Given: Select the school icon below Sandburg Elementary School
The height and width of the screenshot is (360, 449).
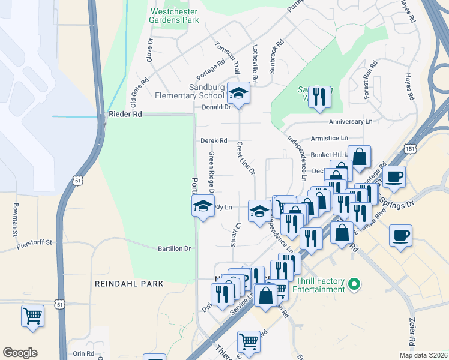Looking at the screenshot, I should (x=239, y=93).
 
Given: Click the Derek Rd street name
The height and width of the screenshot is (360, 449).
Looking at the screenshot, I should (x=214, y=141).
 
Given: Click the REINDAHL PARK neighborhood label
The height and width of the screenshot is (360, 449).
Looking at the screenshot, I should (x=128, y=283).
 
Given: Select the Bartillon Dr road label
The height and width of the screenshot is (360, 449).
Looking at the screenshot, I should (x=174, y=248).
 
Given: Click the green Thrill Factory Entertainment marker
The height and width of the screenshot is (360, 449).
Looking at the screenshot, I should (x=354, y=283).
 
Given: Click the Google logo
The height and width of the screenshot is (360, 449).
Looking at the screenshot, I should (x=20, y=353).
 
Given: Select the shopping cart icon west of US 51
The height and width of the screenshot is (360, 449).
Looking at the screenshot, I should (x=32, y=315).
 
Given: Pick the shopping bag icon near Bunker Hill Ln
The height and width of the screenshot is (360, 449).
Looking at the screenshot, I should (x=359, y=157).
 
